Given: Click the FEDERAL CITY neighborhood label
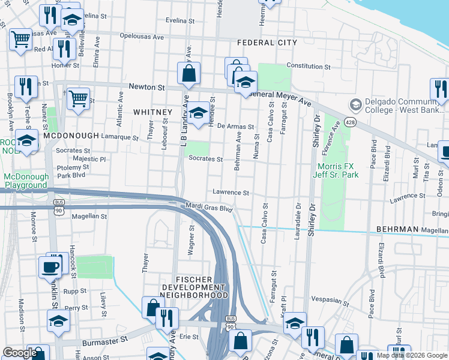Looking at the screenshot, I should pyautogui.click(x=267, y=43).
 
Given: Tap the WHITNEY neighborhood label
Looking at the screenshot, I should pyautogui.click(x=148, y=112).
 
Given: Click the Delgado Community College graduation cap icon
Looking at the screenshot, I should pyautogui.click(x=355, y=105).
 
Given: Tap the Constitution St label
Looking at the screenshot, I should pyautogui.click(x=309, y=66).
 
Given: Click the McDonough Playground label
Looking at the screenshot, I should pyautogui.click(x=25, y=181).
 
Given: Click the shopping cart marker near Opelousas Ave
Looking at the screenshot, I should pyautogui.click(x=20, y=40).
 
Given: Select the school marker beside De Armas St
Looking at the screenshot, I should pyautogui.click(x=197, y=113).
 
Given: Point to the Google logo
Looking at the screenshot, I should pyautogui.click(x=20, y=353).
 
